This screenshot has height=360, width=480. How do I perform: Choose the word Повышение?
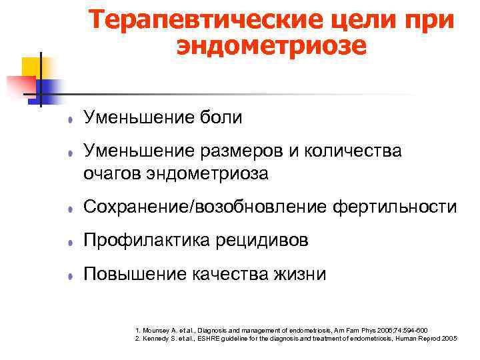point(131,273)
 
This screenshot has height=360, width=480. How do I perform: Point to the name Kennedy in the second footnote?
point(159,339)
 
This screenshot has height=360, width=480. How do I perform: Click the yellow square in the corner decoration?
point(31,67)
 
